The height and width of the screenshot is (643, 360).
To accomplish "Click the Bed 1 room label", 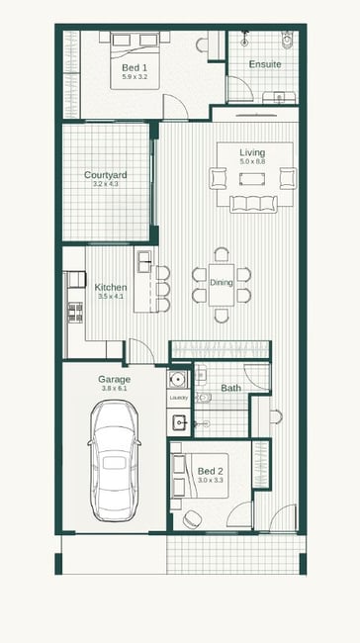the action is coord(135,67).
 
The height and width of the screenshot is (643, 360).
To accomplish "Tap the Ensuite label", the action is coord(265,64).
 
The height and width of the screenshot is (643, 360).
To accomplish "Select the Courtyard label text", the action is coord(106,175).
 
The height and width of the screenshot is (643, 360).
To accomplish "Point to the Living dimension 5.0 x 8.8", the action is coord(252,161).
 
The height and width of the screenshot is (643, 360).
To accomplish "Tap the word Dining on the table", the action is coord(222,282).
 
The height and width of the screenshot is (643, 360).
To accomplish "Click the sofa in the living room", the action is coord(253,204).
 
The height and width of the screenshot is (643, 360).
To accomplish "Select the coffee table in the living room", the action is coord(252,179).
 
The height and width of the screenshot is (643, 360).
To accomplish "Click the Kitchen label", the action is coord(111,287).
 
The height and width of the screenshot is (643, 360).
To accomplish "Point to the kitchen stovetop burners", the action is coord(75,312).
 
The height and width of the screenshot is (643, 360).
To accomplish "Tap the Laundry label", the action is coord(179,398).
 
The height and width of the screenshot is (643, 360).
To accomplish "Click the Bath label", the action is coord(230,388).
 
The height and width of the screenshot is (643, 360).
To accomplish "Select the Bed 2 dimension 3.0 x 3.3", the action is coord(211,480).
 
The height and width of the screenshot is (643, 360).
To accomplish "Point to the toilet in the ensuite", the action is coord(288,39).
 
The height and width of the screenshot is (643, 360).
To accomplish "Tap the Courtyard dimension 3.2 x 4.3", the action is coord(106,184).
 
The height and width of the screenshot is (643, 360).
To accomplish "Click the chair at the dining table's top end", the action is coord(222,254).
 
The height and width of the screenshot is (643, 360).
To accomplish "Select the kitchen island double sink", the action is coord(144,261).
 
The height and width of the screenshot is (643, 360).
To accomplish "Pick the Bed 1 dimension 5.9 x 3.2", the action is coord(135,76).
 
